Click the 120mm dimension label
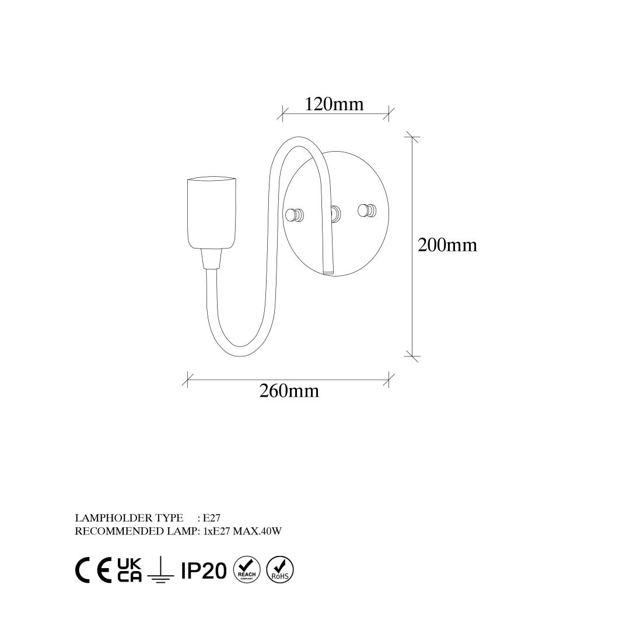tap(334, 104)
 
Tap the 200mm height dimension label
tap(447, 245)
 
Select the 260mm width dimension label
tap(289, 391)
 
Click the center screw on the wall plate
tap(336, 213)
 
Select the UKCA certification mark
tap(129, 570)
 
